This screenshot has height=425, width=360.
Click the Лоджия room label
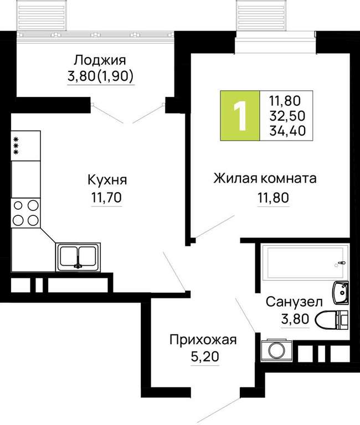(x=100, y=60)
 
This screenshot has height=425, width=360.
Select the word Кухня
(x=107, y=180)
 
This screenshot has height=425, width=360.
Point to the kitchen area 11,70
(x=106, y=198)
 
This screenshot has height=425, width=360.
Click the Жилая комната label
(x=265, y=179)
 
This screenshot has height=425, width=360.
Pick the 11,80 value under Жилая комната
(x=273, y=198)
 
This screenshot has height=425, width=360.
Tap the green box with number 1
(x=240, y=116)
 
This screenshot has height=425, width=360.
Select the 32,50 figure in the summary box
(x=287, y=116)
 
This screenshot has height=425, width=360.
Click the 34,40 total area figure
(x=287, y=131)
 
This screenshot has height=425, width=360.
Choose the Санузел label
(x=294, y=302)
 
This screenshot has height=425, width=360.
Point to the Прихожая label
(x=203, y=340)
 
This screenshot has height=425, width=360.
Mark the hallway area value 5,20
(x=205, y=357)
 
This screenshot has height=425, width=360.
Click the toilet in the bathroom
(x=331, y=320)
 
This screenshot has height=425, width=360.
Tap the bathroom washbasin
(x=341, y=293)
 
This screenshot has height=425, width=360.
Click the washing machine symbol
(x=276, y=350)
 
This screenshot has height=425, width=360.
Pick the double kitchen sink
(x=78, y=257)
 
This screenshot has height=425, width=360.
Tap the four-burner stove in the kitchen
(x=25, y=212)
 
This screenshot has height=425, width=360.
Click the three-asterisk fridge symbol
(x=25, y=146)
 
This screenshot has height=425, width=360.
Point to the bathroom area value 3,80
(x=295, y=319)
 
